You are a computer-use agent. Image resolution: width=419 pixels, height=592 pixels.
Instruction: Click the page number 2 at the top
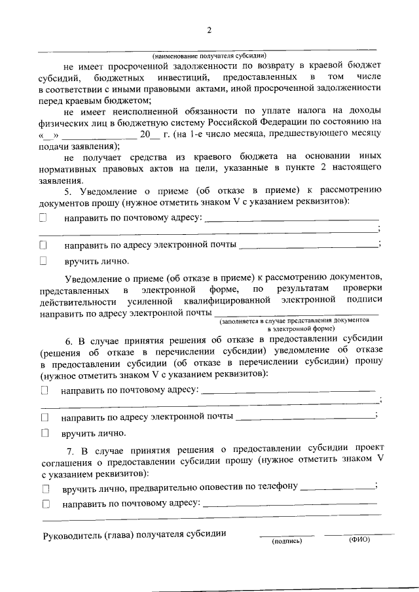pyautogui.click(x=209, y=30)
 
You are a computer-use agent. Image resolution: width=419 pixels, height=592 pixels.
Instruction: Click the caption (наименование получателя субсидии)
pyautogui.click(x=209, y=55)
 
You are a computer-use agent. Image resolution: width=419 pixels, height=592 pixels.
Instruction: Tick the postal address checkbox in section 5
pyautogui.click(x=43, y=217)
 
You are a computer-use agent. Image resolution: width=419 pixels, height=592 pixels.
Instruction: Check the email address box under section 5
pyautogui.click(x=43, y=245)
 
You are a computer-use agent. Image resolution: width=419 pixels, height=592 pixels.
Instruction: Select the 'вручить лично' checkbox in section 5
pyautogui.click(x=43, y=261)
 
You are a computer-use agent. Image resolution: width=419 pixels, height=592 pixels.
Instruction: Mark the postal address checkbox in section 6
pyautogui.click(x=45, y=390)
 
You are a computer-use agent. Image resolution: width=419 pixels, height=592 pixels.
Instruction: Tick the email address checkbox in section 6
pyautogui.click(x=45, y=417)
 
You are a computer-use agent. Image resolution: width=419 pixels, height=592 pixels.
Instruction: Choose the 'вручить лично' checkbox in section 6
pyautogui.click(x=45, y=432)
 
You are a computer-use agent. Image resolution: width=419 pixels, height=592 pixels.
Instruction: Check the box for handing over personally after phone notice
pyautogui.click(x=46, y=488)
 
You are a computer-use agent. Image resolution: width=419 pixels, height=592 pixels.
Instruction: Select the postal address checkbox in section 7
pyautogui.click(x=46, y=504)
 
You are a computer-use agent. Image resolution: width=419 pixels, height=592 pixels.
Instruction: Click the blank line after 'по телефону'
pyautogui.click(x=337, y=487)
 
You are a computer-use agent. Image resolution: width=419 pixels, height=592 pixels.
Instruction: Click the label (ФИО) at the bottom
pyautogui.click(x=359, y=541)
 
